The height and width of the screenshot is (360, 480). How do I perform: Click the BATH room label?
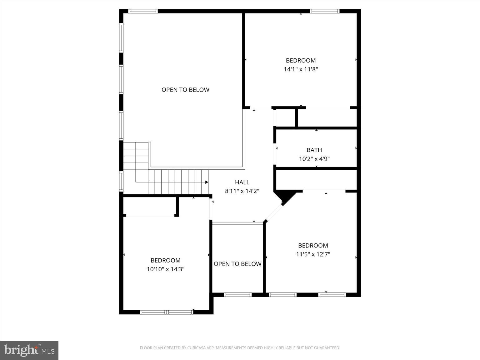pos(314,150)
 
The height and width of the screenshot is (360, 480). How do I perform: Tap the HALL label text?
pos(242,182)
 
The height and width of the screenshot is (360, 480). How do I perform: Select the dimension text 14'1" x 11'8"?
pos(301,69)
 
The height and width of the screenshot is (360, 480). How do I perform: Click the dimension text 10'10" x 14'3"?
pos(166,269)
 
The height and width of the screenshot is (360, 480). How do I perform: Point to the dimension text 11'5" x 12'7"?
pos(313,254)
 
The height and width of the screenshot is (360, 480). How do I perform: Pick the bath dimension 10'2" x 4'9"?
pos(314,159)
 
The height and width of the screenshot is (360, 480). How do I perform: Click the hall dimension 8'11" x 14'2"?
pos(242,191)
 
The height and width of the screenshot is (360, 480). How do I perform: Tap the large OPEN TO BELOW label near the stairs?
pos(185,90)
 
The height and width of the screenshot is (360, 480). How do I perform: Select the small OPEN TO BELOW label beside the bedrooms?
pos(237,264)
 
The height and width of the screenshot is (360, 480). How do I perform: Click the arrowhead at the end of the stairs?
pos(207,182)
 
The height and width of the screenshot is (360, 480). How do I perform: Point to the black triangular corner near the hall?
pos(284,197)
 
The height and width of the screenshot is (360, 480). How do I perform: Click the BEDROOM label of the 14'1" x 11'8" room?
pos(301,60)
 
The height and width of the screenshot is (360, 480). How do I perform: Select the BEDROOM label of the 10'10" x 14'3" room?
pos(166,260)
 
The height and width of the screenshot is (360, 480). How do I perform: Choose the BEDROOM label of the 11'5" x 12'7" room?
pos(313,245)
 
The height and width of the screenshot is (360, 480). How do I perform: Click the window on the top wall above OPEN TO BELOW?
pos(143,11)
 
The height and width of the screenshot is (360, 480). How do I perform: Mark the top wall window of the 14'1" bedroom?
pos(325,11)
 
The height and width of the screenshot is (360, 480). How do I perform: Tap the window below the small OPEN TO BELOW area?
pos(238,295)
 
